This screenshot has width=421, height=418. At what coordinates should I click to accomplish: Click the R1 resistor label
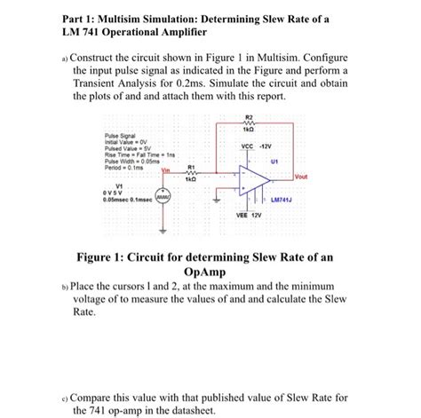[x=190, y=166]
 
